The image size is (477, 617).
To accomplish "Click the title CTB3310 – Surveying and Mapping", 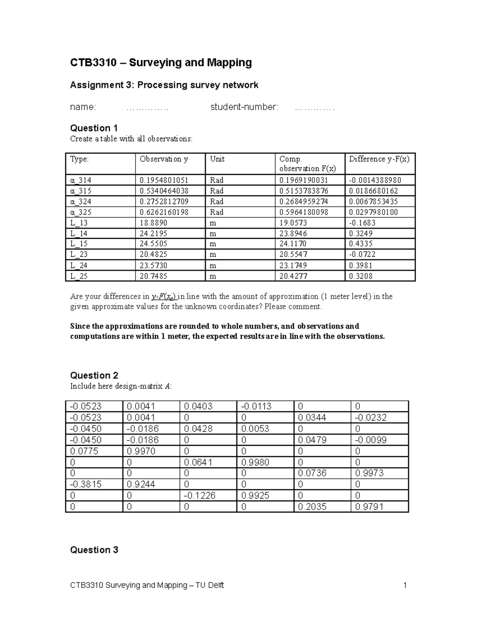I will (x=161, y=63).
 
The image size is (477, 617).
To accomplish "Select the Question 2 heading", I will (x=94, y=375).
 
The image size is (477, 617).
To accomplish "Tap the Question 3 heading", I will (x=94, y=550).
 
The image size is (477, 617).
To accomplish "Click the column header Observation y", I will (x=164, y=159).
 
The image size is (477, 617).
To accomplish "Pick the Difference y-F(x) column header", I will (x=379, y=159).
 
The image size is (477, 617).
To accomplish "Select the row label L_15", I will (x=79, y=244).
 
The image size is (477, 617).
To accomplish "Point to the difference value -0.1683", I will (x=362, y=223).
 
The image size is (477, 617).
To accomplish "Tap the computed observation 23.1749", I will (x=293, y=265).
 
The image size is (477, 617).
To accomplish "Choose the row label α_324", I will (x=81, y=201).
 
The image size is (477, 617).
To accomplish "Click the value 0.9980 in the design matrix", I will (x=255, y=462).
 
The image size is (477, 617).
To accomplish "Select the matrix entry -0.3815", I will (x=85, y=484).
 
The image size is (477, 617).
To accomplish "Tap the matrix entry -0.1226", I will (x=200, y=495).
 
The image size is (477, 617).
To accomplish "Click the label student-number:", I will (x=244, y=107).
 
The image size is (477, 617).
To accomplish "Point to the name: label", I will (x=83, y=107).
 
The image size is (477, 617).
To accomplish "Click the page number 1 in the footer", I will (x=405, y=585).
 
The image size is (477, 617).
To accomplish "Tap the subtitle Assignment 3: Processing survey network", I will (x=164, y=85).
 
